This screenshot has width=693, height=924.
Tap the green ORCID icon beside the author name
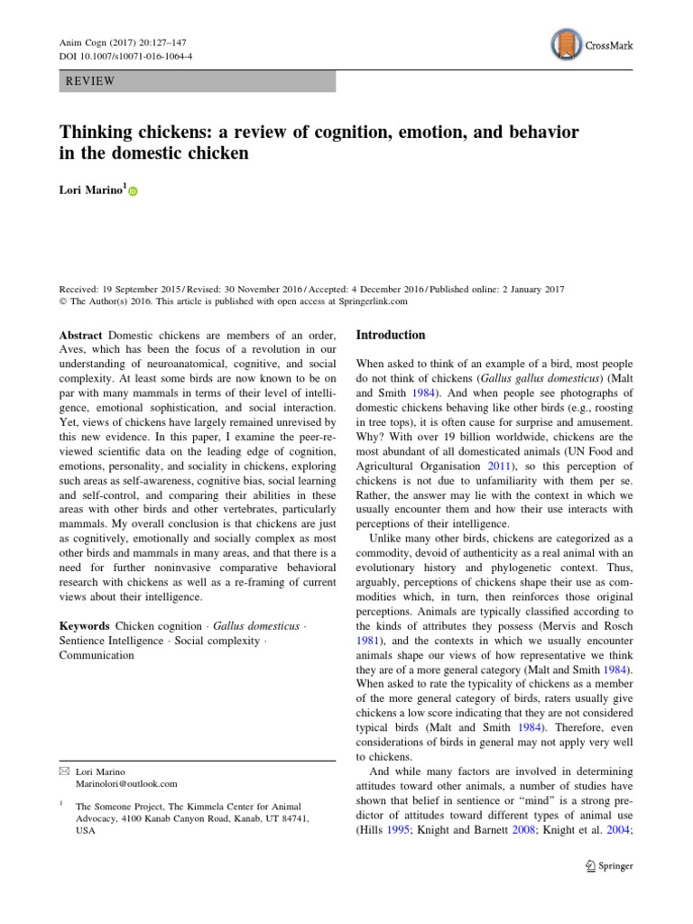(x=134, y=191)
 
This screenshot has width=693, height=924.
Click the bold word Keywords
(x=84, y=625)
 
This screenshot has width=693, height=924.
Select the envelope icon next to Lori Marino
(x=63, y=771)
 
